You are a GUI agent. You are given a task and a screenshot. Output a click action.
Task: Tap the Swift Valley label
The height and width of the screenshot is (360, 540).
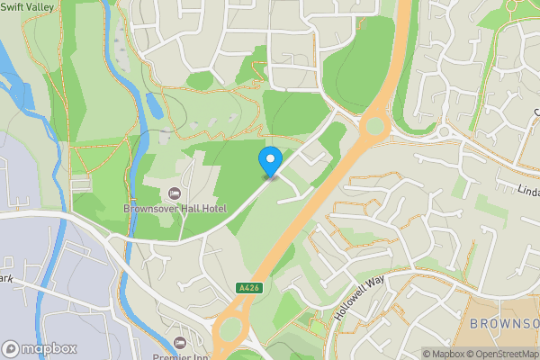28,6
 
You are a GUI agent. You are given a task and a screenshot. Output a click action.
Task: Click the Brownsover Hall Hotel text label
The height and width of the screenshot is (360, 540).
175,209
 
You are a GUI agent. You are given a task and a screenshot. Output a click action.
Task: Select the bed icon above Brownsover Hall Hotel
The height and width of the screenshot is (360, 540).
174,193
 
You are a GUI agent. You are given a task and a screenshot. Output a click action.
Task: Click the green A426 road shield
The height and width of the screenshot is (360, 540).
249,287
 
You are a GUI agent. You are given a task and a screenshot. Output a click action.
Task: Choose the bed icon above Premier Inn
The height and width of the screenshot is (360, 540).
180,343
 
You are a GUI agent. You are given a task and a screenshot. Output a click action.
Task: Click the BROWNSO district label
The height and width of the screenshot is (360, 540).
504,322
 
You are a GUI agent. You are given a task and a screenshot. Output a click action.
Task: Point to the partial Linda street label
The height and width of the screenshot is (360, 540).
528,190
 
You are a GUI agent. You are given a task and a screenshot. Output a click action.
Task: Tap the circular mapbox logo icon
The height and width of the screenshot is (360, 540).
12,348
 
